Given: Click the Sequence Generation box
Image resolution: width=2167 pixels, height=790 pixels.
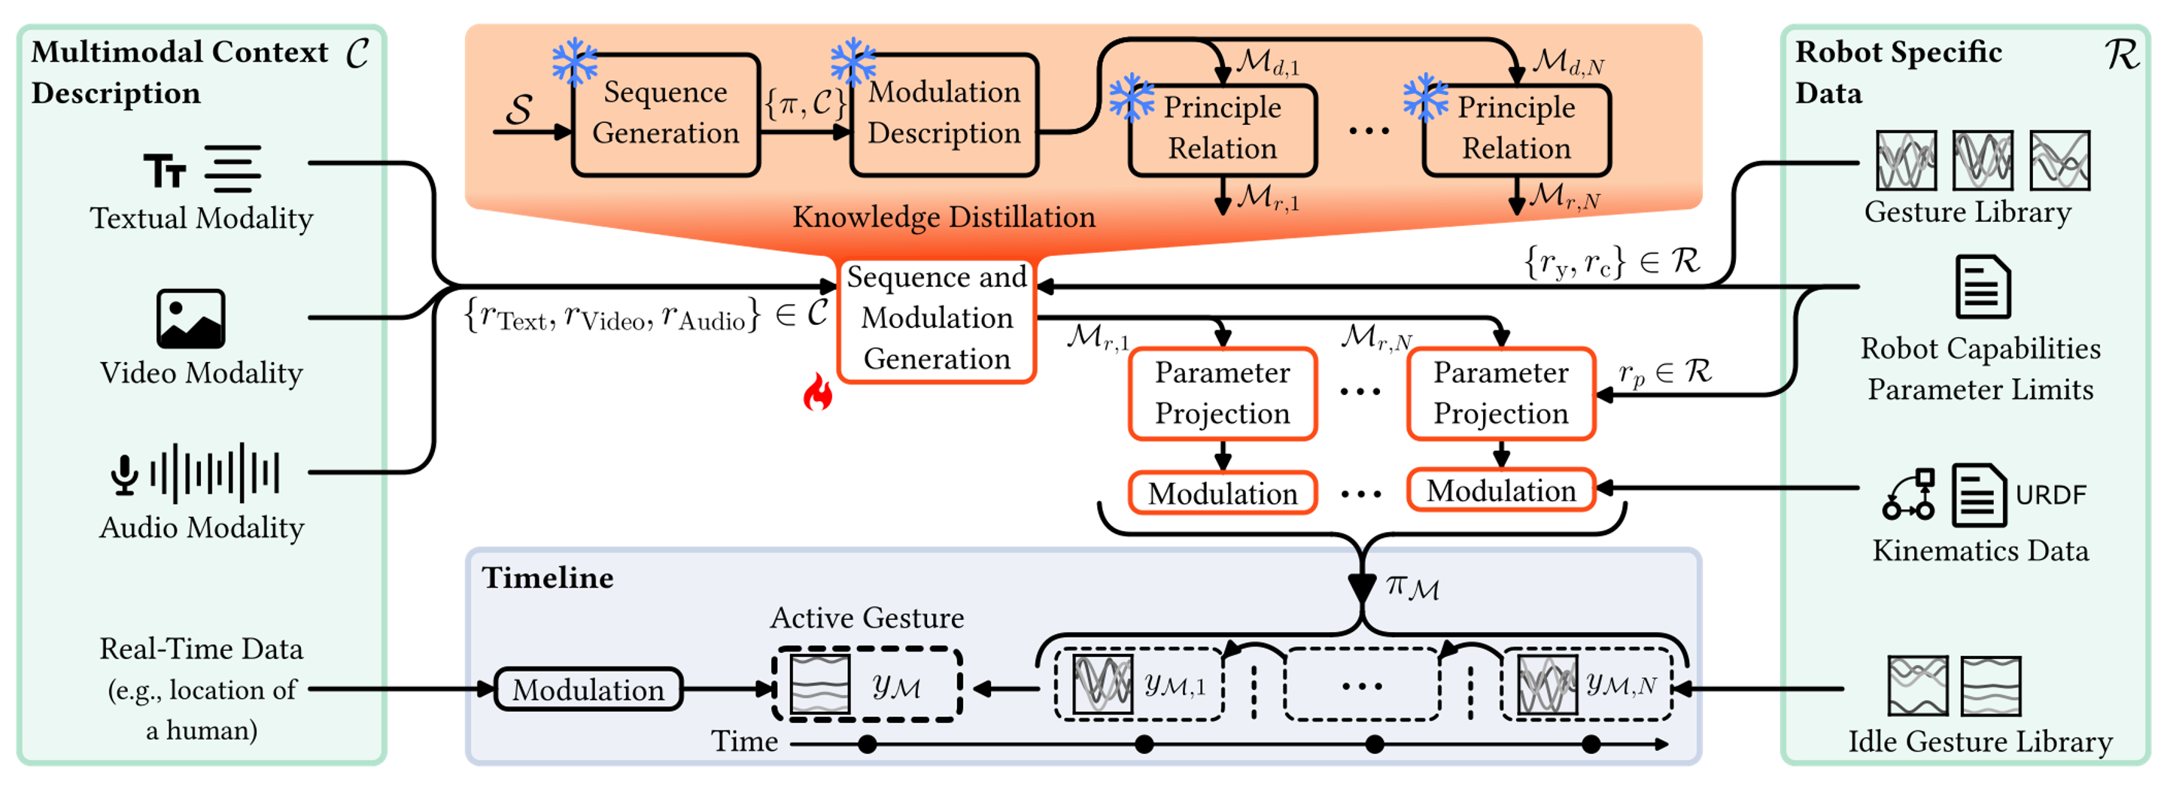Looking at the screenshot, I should tap(665, 114).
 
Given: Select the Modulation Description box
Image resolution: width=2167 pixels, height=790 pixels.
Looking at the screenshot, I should tap(944, 114).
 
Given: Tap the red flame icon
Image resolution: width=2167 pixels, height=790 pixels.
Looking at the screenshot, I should tap(817, 392).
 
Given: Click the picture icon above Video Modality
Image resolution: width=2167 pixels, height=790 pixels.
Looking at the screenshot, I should tap(191, 319).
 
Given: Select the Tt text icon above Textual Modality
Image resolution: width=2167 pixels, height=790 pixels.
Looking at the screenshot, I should tap(164, 171).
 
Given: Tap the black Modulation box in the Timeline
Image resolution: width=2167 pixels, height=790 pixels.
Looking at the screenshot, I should tap(588, 690).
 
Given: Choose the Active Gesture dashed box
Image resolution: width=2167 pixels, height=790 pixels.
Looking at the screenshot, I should tap(867, 685).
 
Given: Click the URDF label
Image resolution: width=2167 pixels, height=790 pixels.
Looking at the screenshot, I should tap(2050, 495).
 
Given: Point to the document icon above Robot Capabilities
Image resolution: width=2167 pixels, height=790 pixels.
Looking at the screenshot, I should tap(1982, 287).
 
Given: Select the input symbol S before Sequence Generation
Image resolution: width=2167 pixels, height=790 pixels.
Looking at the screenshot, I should tap(519, 109).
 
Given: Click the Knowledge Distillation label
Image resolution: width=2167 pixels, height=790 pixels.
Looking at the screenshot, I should tap(944, 217).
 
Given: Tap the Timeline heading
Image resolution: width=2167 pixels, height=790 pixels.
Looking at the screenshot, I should tap(548, 578).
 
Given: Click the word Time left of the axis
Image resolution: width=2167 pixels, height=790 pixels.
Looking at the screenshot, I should tap(744, 741).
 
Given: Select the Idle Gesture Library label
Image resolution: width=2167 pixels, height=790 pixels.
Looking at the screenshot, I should tap(1980, 742).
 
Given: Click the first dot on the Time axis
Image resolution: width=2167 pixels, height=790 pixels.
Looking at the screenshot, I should tap(868, 743).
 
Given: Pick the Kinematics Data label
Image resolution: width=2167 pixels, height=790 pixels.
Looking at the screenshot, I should tap(1980, 550).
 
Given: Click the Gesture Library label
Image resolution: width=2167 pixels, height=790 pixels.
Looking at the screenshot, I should tap(1968, 212).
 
